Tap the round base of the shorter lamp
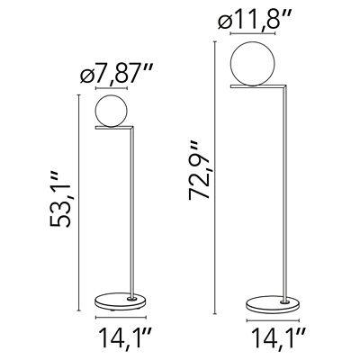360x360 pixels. pos(117,301)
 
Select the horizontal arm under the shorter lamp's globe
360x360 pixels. pos(115,130)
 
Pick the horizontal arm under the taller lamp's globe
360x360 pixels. pos(260,88)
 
